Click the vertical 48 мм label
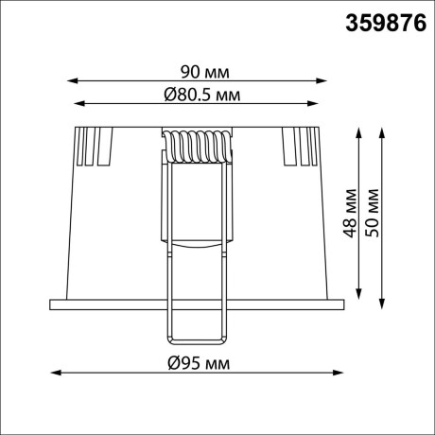(x=349, y=215)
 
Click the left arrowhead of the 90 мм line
(x=71, y=82)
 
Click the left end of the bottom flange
(x=53, y=304)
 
